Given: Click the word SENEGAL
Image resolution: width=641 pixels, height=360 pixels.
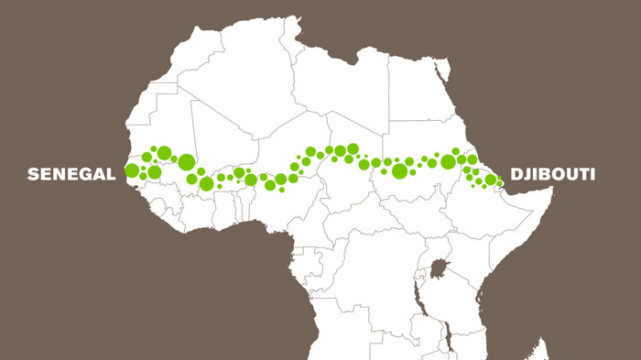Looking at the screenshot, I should tap(71, 173).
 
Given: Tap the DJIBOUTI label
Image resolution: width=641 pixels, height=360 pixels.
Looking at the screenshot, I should tap(552, 174).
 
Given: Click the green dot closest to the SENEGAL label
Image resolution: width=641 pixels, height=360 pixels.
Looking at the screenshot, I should tap(132, 169).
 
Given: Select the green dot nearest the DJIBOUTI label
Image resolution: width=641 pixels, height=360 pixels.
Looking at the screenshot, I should tap(492, 180).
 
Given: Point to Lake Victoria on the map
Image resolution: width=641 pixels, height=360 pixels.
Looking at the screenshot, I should tap(440, 270).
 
